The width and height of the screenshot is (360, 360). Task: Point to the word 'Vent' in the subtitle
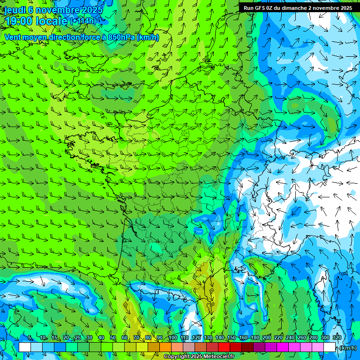[x=13, y=37]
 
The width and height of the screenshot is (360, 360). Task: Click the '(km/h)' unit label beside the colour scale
[x=347, y=348]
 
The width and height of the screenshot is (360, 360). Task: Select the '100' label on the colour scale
[x=172, y=338]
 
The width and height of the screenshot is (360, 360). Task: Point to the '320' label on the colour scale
[x=337, y=338]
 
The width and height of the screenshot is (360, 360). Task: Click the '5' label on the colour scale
[x=30, y=338]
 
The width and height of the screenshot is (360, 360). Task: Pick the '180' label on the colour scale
[x=255, y=338]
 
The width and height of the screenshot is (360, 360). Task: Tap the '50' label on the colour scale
[x=113, y=338]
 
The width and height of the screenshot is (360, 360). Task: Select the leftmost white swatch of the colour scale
[x=25, y=347]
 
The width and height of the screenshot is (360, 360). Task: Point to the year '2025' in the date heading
[x=90, y=10]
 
